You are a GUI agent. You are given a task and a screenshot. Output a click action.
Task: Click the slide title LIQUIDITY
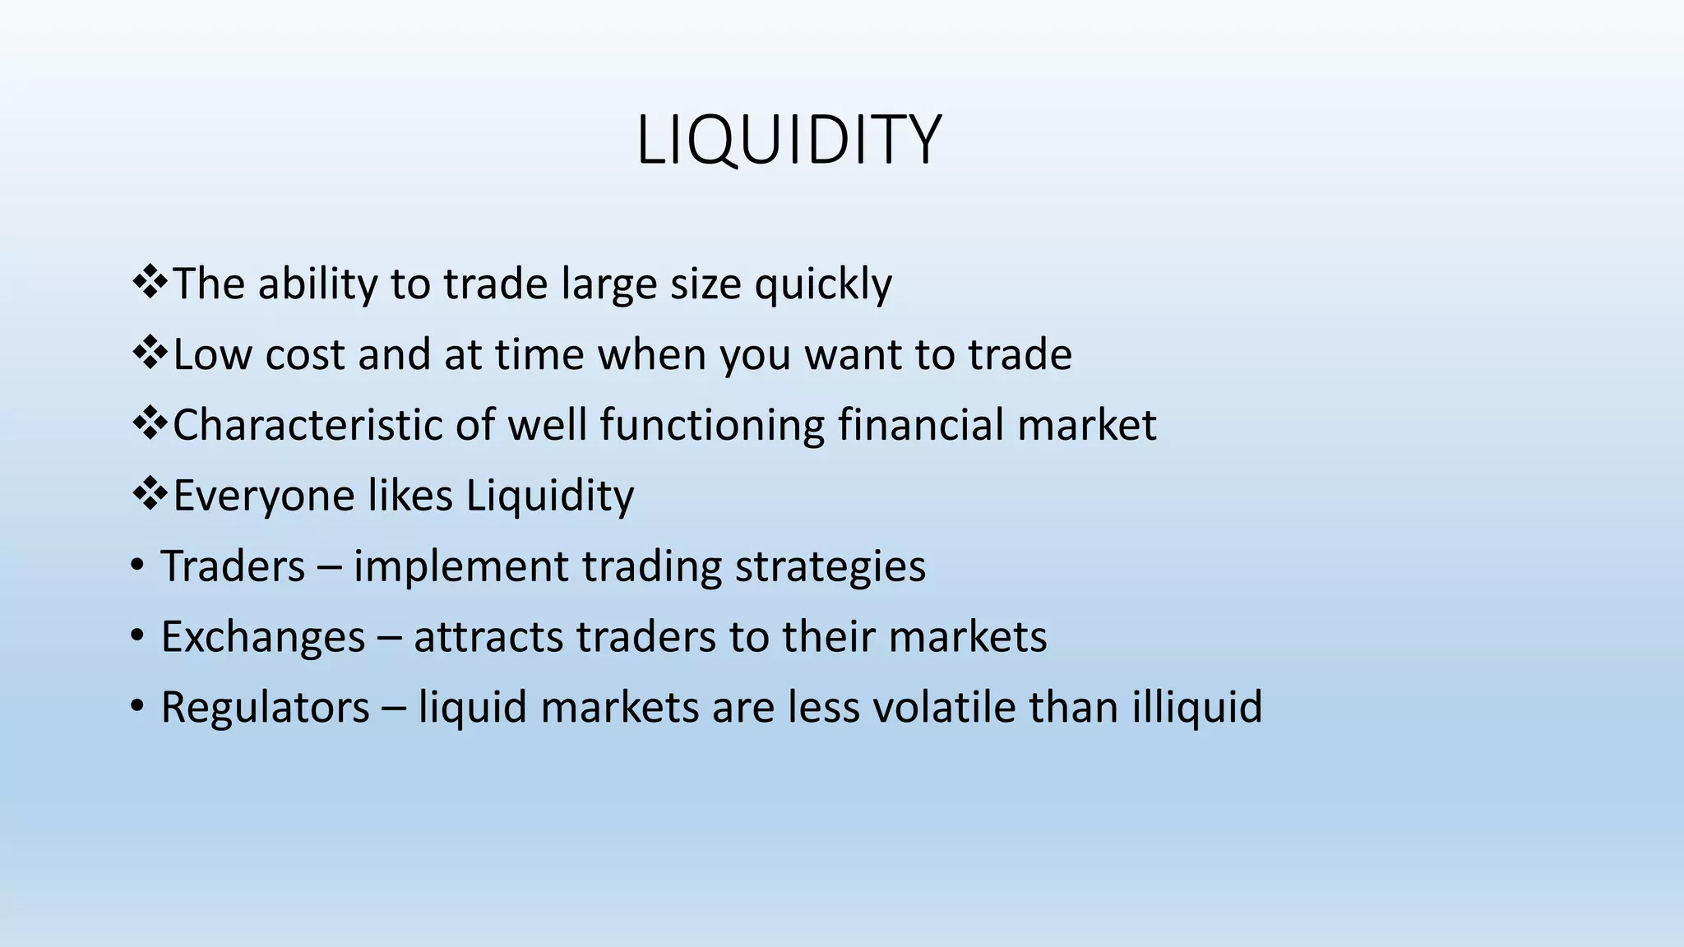788,141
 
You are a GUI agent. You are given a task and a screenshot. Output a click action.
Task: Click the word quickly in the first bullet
823,284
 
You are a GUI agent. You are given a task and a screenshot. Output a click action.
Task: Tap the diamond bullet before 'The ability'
150,282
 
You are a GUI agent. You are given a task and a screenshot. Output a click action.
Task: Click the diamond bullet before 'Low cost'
150,353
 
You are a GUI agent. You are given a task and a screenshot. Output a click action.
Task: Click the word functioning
712,426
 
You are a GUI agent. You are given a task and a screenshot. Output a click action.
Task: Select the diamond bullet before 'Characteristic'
150,423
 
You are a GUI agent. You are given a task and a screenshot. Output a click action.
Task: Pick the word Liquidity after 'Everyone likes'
550,497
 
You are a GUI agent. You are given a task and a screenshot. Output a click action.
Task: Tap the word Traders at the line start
233,567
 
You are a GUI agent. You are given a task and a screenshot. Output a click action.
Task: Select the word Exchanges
262,637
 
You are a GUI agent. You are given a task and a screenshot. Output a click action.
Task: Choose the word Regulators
265,708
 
